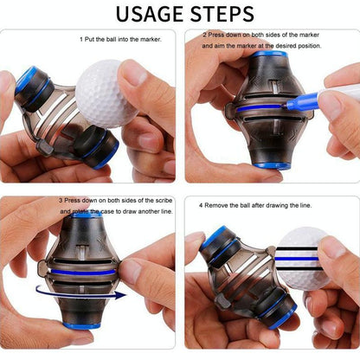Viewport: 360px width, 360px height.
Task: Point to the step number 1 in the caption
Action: (81, 39)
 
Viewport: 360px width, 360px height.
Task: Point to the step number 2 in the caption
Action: (205, 35)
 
